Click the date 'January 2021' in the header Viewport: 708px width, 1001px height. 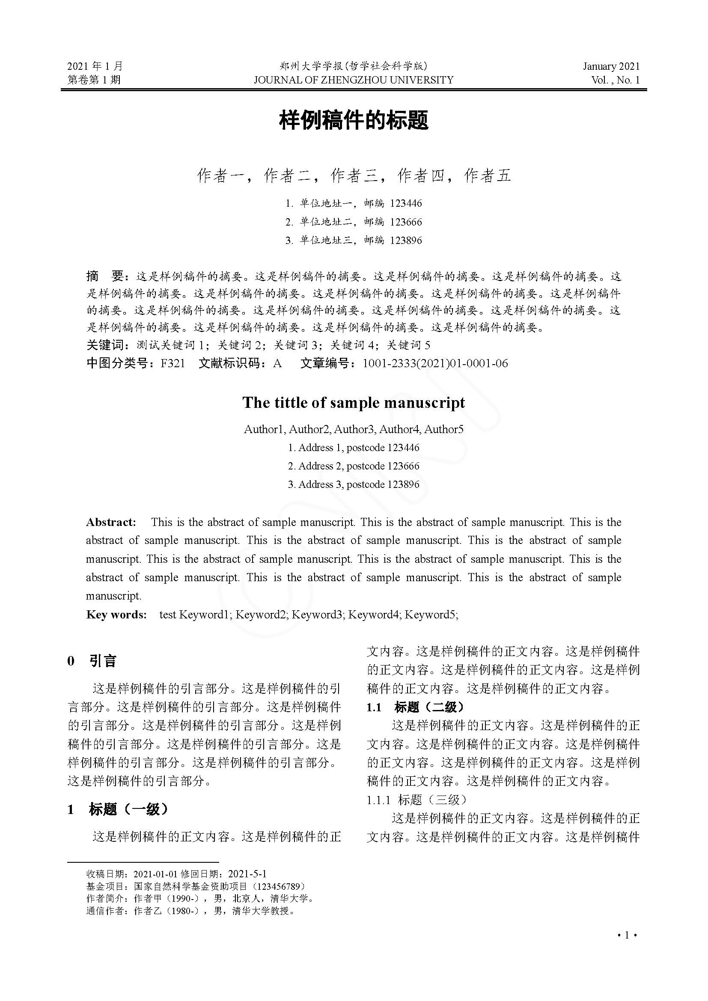[x=611, y=66]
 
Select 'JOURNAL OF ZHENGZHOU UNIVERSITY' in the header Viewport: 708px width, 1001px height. [x=354, y=80]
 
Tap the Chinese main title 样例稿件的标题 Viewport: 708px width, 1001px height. [x=354, y=120]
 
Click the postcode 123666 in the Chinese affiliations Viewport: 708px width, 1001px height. [x=406, y=222]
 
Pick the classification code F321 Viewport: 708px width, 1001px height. [x=173, y=363]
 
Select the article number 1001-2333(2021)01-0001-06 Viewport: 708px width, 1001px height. [x=435, y=363]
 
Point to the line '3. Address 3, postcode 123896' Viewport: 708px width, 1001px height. [x=354, y=484]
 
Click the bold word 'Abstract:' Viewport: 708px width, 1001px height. [x=111, y=522]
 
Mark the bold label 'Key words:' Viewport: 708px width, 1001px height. [x=116, y=614]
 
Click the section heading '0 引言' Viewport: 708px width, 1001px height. [x=92, y=661]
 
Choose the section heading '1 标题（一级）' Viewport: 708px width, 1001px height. [x=118, y=809]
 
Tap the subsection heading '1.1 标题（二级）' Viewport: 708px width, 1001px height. [x=416, y=707]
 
